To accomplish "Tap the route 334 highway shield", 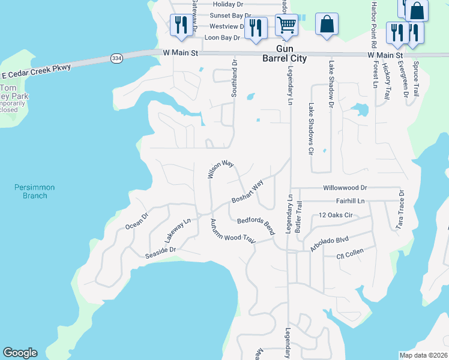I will [116, 58].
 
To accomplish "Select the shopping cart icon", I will [287, 26].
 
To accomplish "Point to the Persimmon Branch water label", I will [35, 191].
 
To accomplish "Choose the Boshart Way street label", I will [248, 194].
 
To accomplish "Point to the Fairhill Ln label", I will [351, 201].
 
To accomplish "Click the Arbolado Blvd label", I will [329, 243].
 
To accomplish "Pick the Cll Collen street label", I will [350, 257].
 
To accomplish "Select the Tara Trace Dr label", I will [400, 210].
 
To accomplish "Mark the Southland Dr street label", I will [235, 77].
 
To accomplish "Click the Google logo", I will [20, 353].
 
